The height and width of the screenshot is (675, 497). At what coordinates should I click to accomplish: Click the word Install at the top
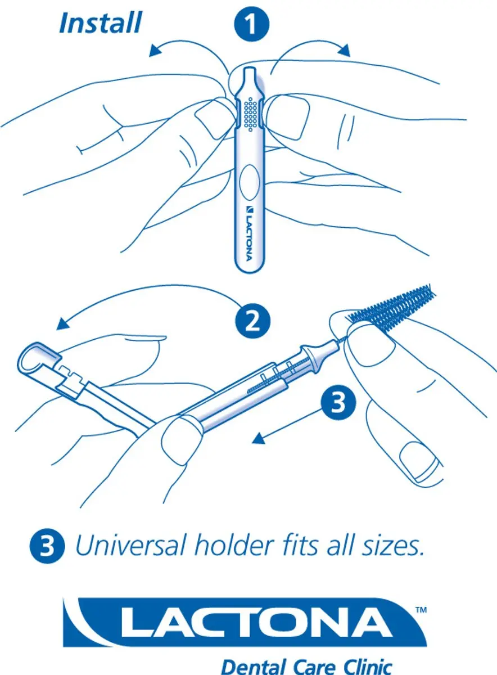pos(100,23)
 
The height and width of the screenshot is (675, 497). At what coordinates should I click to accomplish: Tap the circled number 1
pos(251,24)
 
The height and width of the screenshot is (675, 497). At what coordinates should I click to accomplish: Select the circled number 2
pos(252,321)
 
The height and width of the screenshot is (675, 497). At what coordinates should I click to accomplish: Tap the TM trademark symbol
pos(421,602)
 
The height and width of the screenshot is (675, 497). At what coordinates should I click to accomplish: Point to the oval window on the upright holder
pos(250,182)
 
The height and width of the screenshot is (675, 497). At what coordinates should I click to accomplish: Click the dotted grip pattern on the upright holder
pos(251,114)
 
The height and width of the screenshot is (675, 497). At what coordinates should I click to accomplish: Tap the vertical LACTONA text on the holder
pos(249,233)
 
